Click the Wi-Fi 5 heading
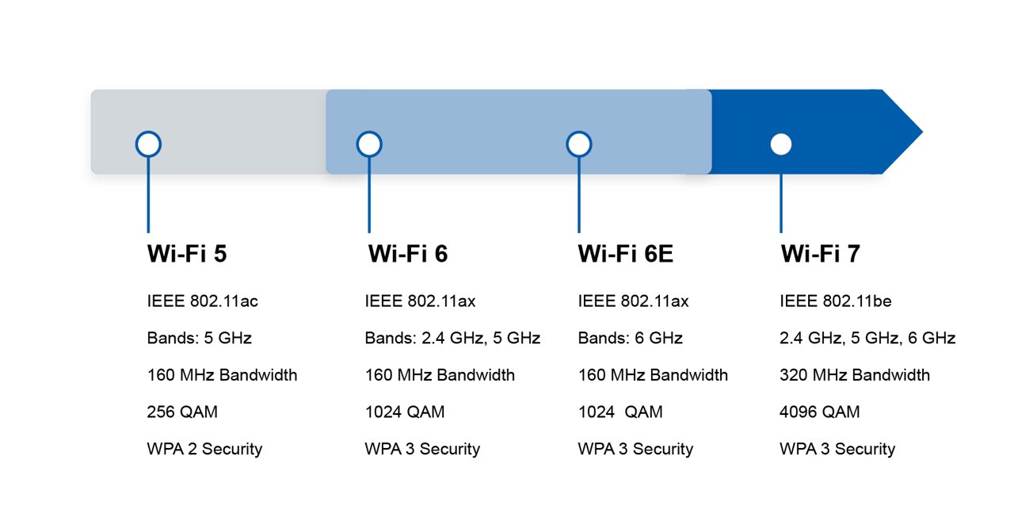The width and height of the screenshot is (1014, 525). [x=187, y=254]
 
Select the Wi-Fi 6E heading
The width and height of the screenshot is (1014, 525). [x=626, y=254]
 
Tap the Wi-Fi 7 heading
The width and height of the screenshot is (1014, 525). [x=820, y=254]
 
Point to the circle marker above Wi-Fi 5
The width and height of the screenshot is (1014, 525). [x=148, y=144]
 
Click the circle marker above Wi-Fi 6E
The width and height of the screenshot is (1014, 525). [x=579, y=144]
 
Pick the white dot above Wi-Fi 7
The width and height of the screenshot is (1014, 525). [x=781, y=144]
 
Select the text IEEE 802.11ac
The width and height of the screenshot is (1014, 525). [x=203, y=301]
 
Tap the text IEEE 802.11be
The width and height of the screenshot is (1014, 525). [x=836, y=301]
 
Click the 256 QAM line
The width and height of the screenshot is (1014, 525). [x=182, y=412]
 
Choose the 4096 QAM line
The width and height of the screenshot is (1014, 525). [x=819, y=412]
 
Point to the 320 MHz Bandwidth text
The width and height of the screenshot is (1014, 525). [x=855, y=375]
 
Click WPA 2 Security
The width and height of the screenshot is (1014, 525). [x=204, y=449]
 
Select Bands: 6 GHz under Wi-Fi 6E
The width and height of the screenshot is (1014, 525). [x=631, y=338]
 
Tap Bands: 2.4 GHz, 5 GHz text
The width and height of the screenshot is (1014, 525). [x=452, y=338]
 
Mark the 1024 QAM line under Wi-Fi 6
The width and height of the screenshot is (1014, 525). [x=405, y=412]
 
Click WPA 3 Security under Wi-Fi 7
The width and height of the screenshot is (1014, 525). [x=837, y=449]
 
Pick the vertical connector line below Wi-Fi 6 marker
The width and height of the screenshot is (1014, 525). [x=369, y=194]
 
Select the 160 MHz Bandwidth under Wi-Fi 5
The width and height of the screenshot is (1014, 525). [x=222, y=375]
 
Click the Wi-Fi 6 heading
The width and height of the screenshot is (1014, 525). [x=407, y=254]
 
